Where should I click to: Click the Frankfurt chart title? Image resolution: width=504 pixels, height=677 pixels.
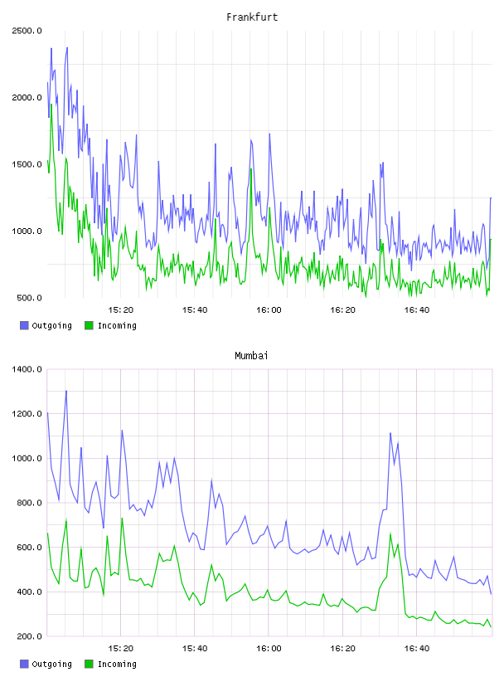(252, 17)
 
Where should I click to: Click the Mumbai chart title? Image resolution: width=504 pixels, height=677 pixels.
(251, 356)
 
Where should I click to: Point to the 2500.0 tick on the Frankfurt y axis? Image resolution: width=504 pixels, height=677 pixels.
(27, 31)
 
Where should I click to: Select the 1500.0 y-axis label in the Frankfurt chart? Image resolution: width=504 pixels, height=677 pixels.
(27, 164)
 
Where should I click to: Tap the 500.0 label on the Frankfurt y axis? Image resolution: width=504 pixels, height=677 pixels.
(29, 298)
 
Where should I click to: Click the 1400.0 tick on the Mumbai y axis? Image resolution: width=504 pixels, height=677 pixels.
(27, 369)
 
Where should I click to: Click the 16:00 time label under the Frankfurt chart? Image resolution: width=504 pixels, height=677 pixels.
(269, 310)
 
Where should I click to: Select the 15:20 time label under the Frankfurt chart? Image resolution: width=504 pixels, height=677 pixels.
(120, 310)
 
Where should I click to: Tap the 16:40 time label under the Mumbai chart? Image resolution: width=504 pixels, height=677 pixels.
(416, 649)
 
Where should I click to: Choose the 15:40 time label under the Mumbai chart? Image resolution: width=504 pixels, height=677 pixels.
(195, 649)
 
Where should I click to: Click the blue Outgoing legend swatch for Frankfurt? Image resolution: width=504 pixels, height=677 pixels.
(24, 325)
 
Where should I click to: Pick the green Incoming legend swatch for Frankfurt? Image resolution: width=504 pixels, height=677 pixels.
(89, 325)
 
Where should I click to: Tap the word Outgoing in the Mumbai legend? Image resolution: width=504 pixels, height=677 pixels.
(51, 664)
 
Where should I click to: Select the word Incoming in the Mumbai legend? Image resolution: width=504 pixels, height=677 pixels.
(117, 664)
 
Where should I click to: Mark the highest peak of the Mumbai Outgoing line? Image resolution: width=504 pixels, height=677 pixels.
(66, 391)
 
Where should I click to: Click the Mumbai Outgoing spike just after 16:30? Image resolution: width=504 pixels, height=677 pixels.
(390, 433)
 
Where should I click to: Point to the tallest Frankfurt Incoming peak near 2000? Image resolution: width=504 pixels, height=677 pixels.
(51, 104)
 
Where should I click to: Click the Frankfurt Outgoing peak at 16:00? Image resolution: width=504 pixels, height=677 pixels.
(269, 134)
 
